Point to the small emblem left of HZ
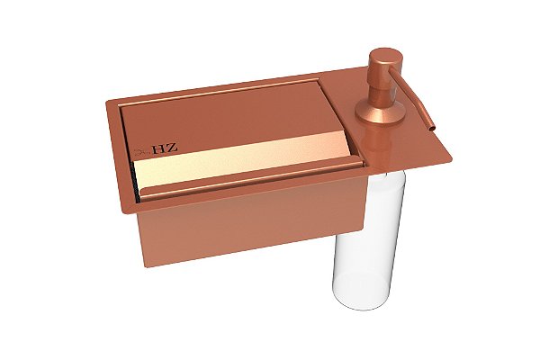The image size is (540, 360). (141, 152)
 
